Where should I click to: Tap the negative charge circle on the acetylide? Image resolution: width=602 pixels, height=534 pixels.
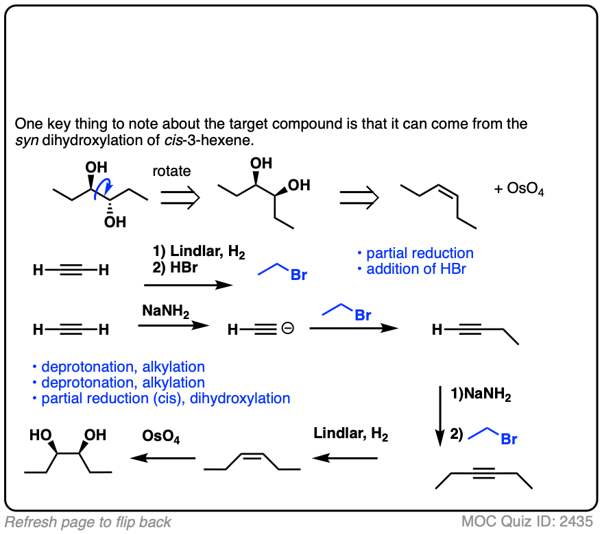coord(287,330)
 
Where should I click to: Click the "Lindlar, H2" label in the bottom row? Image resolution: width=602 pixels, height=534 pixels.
coord(350,434)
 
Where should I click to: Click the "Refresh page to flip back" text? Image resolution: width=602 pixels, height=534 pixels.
coord(88,522)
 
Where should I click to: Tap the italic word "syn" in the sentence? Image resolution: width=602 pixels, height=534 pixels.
coord(25,141)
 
